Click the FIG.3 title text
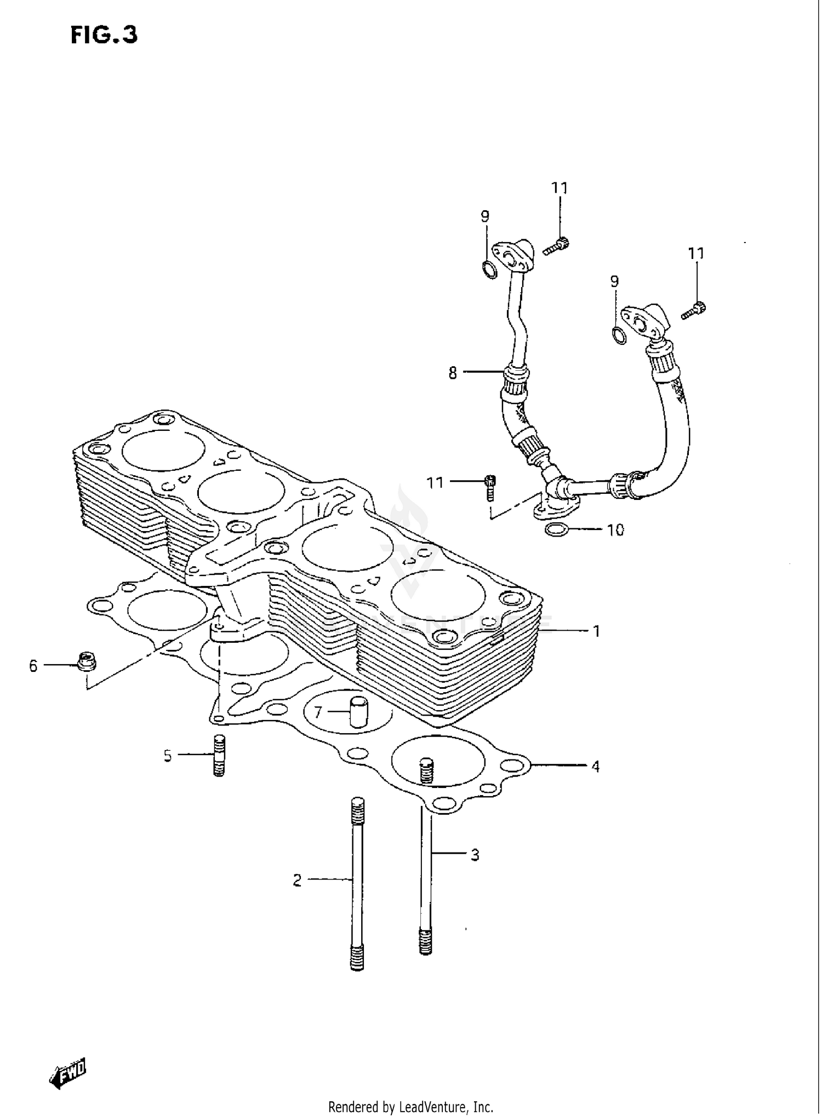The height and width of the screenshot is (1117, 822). click(x=104, y=35)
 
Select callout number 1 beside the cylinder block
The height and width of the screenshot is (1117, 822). click(x=596, y=631)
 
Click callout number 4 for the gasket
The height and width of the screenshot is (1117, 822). click(x=595, y=767)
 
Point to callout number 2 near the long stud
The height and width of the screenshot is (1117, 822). click(x=297, y=880)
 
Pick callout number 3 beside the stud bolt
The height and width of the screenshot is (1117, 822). click(x=475, y=854)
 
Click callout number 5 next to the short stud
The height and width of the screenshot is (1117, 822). click(x=168, y=756)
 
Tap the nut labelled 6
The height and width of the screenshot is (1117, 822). click(x=84, y=663)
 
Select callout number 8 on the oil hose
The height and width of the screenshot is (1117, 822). click(x=453, y=374)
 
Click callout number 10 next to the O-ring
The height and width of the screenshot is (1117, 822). click(x=615, y=530)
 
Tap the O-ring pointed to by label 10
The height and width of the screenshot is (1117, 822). click(x=556, y=529)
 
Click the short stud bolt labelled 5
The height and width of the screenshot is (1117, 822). click(x=219, y=756)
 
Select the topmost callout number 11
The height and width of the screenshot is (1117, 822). click(x=560, y=188)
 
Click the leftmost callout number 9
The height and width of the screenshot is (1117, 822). click(x=485, y=217)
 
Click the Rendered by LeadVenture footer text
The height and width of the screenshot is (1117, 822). click(x=410, y=1107)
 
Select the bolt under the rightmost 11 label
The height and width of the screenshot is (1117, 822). click(x=695, y=310)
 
